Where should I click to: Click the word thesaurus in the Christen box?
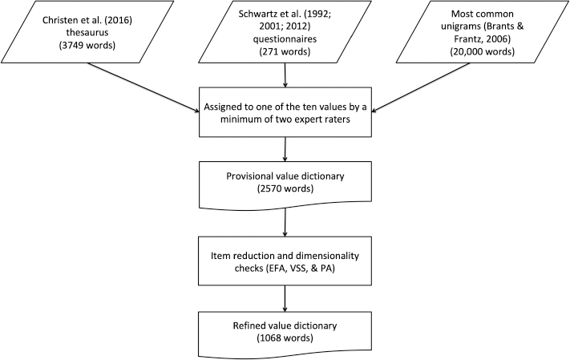point(87,32)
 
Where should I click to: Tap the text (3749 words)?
point(87,46)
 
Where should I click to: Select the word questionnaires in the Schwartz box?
point(285,39)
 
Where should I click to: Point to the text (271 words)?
point(285,51)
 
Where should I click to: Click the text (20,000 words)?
point(483,51)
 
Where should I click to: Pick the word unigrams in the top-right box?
point(460,26)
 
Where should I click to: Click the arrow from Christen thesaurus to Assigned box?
point(143,87)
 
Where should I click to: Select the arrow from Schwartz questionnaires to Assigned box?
point(285,75)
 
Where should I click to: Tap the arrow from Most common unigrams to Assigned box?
point(421,87)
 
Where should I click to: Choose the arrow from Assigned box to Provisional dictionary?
point(285,149)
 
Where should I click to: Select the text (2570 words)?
point(285,188)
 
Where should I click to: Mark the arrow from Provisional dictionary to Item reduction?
point(285,223)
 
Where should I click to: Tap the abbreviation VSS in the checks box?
point(299,269)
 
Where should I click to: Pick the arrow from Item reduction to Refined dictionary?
point(285,298)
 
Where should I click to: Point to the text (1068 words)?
point(285,338)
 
